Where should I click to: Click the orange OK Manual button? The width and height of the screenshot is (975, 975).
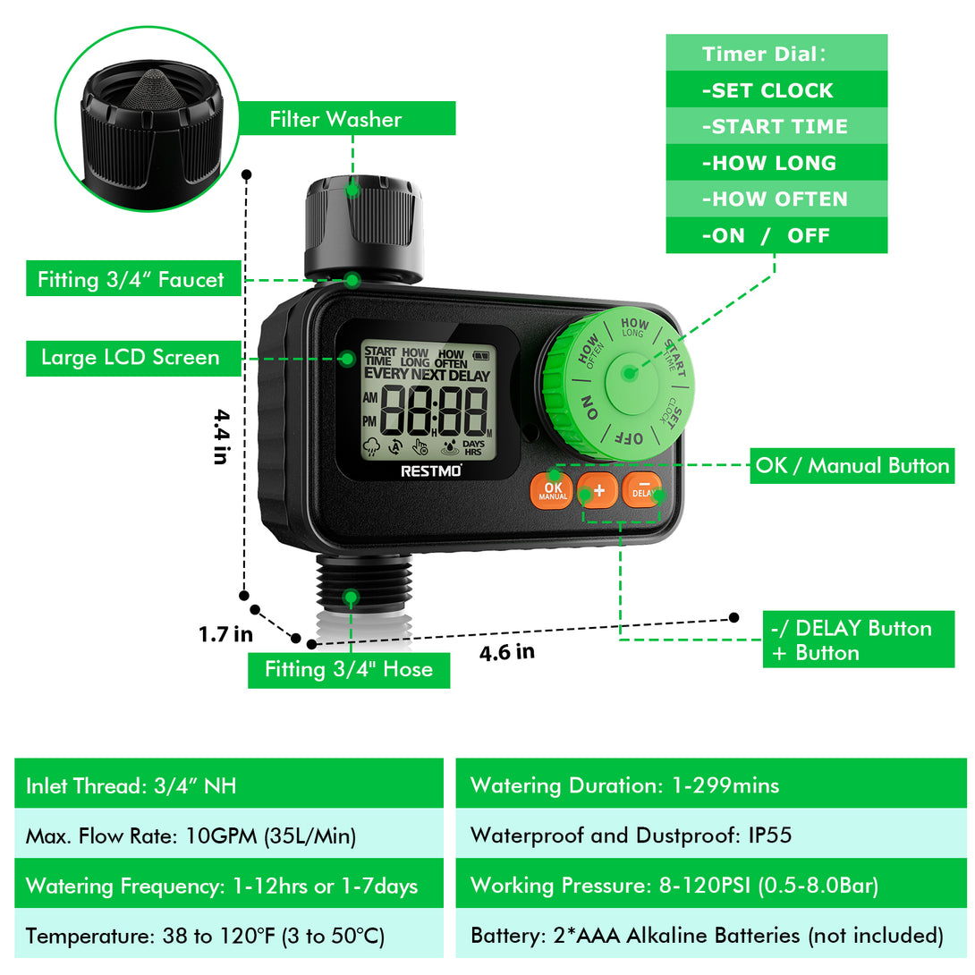[x=552, y=490]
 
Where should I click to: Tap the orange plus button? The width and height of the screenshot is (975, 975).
[x=598, y=490]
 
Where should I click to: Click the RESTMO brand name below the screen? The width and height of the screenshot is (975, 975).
[x=431, y=471]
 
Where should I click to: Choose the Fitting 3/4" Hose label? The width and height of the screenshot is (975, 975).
[x=349, y=670]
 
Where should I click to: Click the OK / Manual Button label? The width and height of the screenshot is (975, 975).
[x=852, y=465]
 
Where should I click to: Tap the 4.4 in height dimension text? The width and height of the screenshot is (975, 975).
[x=221, y=437]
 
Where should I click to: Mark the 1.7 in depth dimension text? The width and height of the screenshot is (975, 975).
[x=225, y=634]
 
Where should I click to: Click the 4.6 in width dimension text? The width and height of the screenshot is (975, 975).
[x=507, y=652]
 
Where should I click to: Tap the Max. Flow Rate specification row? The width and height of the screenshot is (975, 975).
[x=229, y=834]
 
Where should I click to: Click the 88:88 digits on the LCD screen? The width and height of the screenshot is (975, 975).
[x=434, y=411]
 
